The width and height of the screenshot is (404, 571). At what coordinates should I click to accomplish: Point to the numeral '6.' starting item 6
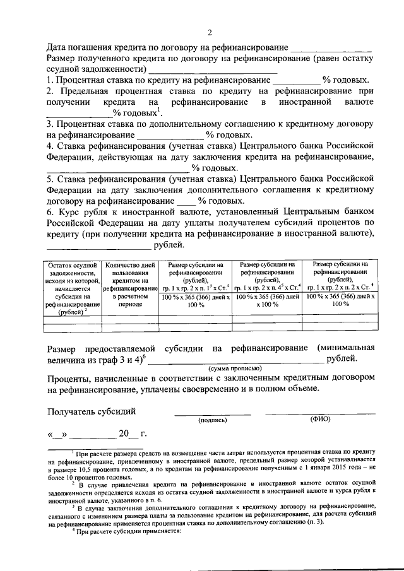50,213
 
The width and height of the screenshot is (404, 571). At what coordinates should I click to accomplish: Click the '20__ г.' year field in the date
130,433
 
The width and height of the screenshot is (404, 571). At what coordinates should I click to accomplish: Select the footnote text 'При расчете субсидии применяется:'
128,531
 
